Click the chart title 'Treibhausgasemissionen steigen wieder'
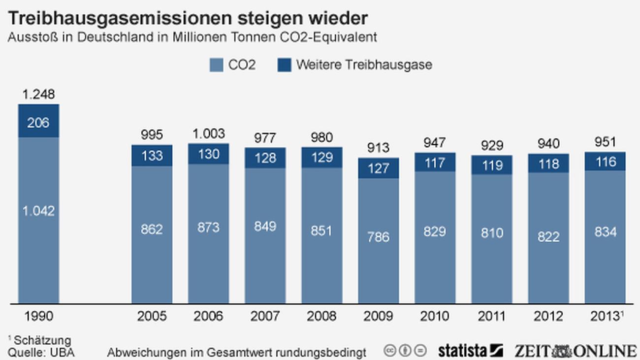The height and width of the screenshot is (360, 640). [188, 19]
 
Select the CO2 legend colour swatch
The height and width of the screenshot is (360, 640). [217, 65]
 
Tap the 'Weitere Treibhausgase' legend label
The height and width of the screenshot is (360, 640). [364, 65]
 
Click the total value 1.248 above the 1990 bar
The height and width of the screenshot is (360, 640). [38, 95]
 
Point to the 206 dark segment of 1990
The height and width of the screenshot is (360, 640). [38, 122]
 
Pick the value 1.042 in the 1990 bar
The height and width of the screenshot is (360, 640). [38, 211]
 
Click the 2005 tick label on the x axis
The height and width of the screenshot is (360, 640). [152, 316]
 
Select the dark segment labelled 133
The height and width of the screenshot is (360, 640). [152, 156]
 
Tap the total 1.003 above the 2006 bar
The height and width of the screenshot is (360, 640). [208, 134]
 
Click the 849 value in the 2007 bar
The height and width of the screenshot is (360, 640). [265, 227]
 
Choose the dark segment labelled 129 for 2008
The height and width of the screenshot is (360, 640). [321, 158]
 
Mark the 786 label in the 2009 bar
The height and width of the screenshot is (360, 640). [378, 237]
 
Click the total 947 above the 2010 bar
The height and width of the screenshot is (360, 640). [435, 143]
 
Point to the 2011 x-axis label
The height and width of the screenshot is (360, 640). [491, 316]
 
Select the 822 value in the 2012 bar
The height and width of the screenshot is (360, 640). [548, 237]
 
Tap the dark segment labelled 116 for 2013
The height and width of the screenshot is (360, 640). [605, 162]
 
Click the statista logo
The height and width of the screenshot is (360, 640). [470, 351]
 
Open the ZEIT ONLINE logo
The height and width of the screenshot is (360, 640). [576, 351]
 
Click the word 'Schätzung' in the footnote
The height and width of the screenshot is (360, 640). [42, 340]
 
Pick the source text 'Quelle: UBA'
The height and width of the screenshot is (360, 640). [41, 353]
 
